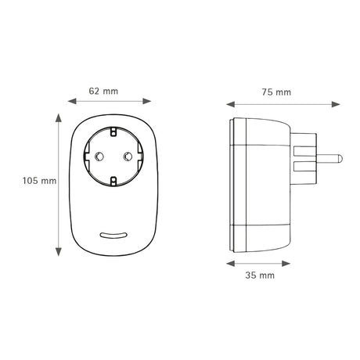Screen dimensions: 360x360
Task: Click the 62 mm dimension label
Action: pos(103,92)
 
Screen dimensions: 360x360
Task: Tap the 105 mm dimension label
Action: pos(39,181)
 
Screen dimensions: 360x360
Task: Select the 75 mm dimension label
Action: pos(276,92)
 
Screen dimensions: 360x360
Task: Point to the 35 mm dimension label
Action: pos(260,275)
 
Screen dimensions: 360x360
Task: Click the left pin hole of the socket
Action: pos(99,157)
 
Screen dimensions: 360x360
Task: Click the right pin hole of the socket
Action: pos(128,157)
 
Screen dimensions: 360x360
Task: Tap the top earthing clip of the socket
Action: pos(113,131)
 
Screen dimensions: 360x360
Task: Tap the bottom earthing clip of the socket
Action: pos(113,182)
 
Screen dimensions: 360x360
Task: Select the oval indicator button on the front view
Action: pos(113,235)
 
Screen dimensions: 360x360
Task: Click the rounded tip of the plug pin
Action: pos(340,159)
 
